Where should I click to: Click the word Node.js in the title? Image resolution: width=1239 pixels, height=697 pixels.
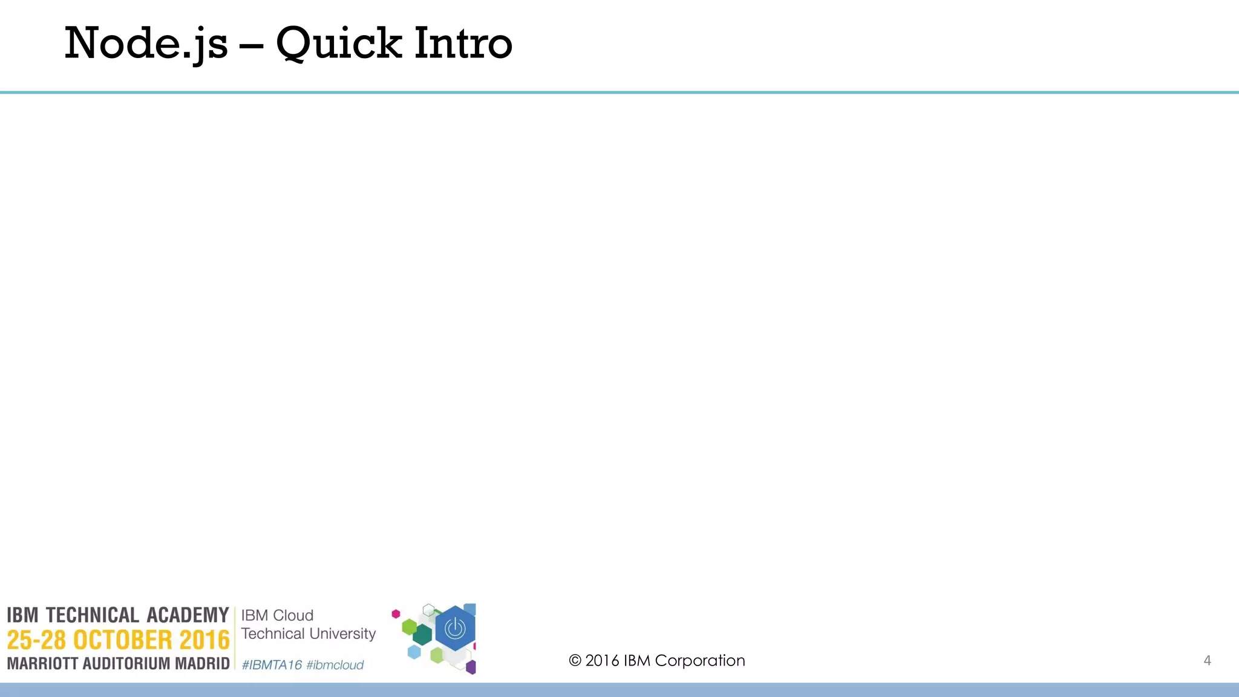coord(146,44)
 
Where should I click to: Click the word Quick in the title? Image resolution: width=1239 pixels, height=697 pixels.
coord(339,44)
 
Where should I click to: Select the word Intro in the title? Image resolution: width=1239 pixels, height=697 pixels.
coord(463,44)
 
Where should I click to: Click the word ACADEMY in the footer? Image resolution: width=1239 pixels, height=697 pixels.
coord(188,615)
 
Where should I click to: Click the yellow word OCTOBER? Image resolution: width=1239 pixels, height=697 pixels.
coord(123,640)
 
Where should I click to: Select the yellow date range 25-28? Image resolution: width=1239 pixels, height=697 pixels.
coord(36,640)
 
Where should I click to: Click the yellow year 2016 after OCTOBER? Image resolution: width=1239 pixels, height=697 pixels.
coord(204,640)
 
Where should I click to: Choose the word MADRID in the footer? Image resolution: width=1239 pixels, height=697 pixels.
coord(202,664)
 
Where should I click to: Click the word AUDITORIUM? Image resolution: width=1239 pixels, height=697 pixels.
coord(126,664)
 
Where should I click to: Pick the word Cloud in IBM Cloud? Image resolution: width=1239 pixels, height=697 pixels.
coord(293,615)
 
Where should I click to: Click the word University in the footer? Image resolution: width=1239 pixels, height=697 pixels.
coord(342,633)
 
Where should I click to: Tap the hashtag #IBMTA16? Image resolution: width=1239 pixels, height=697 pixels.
coord(272,665)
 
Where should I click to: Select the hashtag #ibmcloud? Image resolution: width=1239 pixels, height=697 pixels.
coord(335,665)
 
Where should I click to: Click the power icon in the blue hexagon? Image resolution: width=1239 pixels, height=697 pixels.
coord(455,629)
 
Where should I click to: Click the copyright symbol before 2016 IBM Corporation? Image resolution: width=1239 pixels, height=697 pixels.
coord(575,661)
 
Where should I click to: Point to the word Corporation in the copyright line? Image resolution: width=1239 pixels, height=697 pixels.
coord(700,661)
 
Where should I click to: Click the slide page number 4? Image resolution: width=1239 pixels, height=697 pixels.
coord(1207,661)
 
